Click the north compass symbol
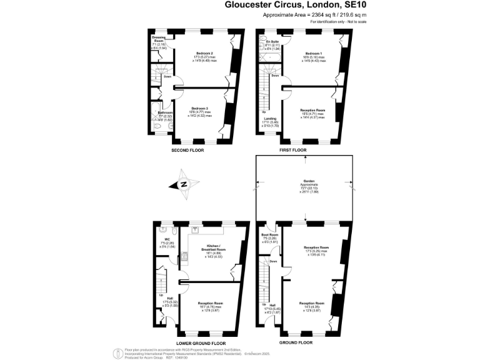point(183,184)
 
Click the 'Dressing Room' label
point(159,39)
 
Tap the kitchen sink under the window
point(196,229)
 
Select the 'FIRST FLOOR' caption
point(293,151)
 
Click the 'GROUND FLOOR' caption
point(296,343)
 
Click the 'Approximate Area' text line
point(306,14)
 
